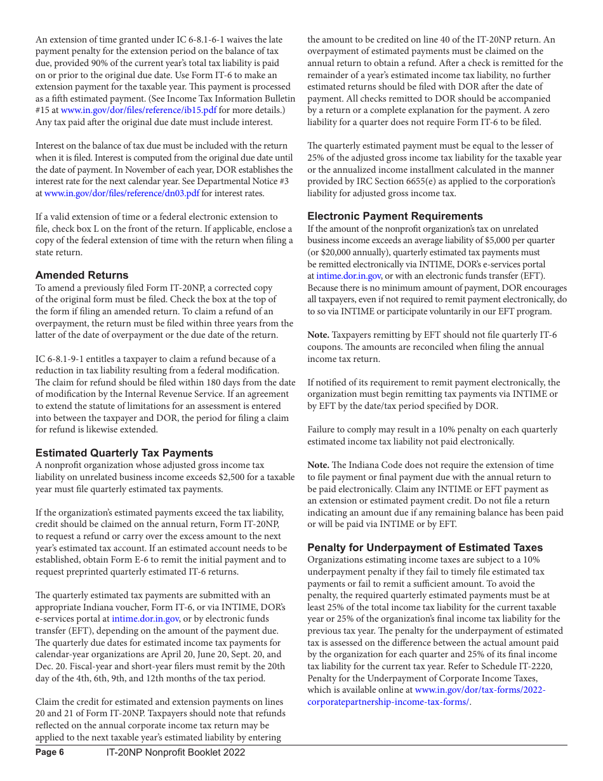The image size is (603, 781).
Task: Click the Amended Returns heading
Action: click(82, 275)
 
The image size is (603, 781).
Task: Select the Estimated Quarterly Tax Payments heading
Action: click(124, 453)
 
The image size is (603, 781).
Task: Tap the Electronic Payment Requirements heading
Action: click(395, 216)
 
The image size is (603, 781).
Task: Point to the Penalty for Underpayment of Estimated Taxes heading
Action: click(425, 547)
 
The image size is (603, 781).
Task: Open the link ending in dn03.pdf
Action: click(122, 193)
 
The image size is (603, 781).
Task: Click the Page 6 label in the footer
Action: click(50, 752)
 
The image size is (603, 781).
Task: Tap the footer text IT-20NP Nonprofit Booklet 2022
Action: click(176, 752)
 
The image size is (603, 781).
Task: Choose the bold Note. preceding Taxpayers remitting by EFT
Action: click(318, 335)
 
